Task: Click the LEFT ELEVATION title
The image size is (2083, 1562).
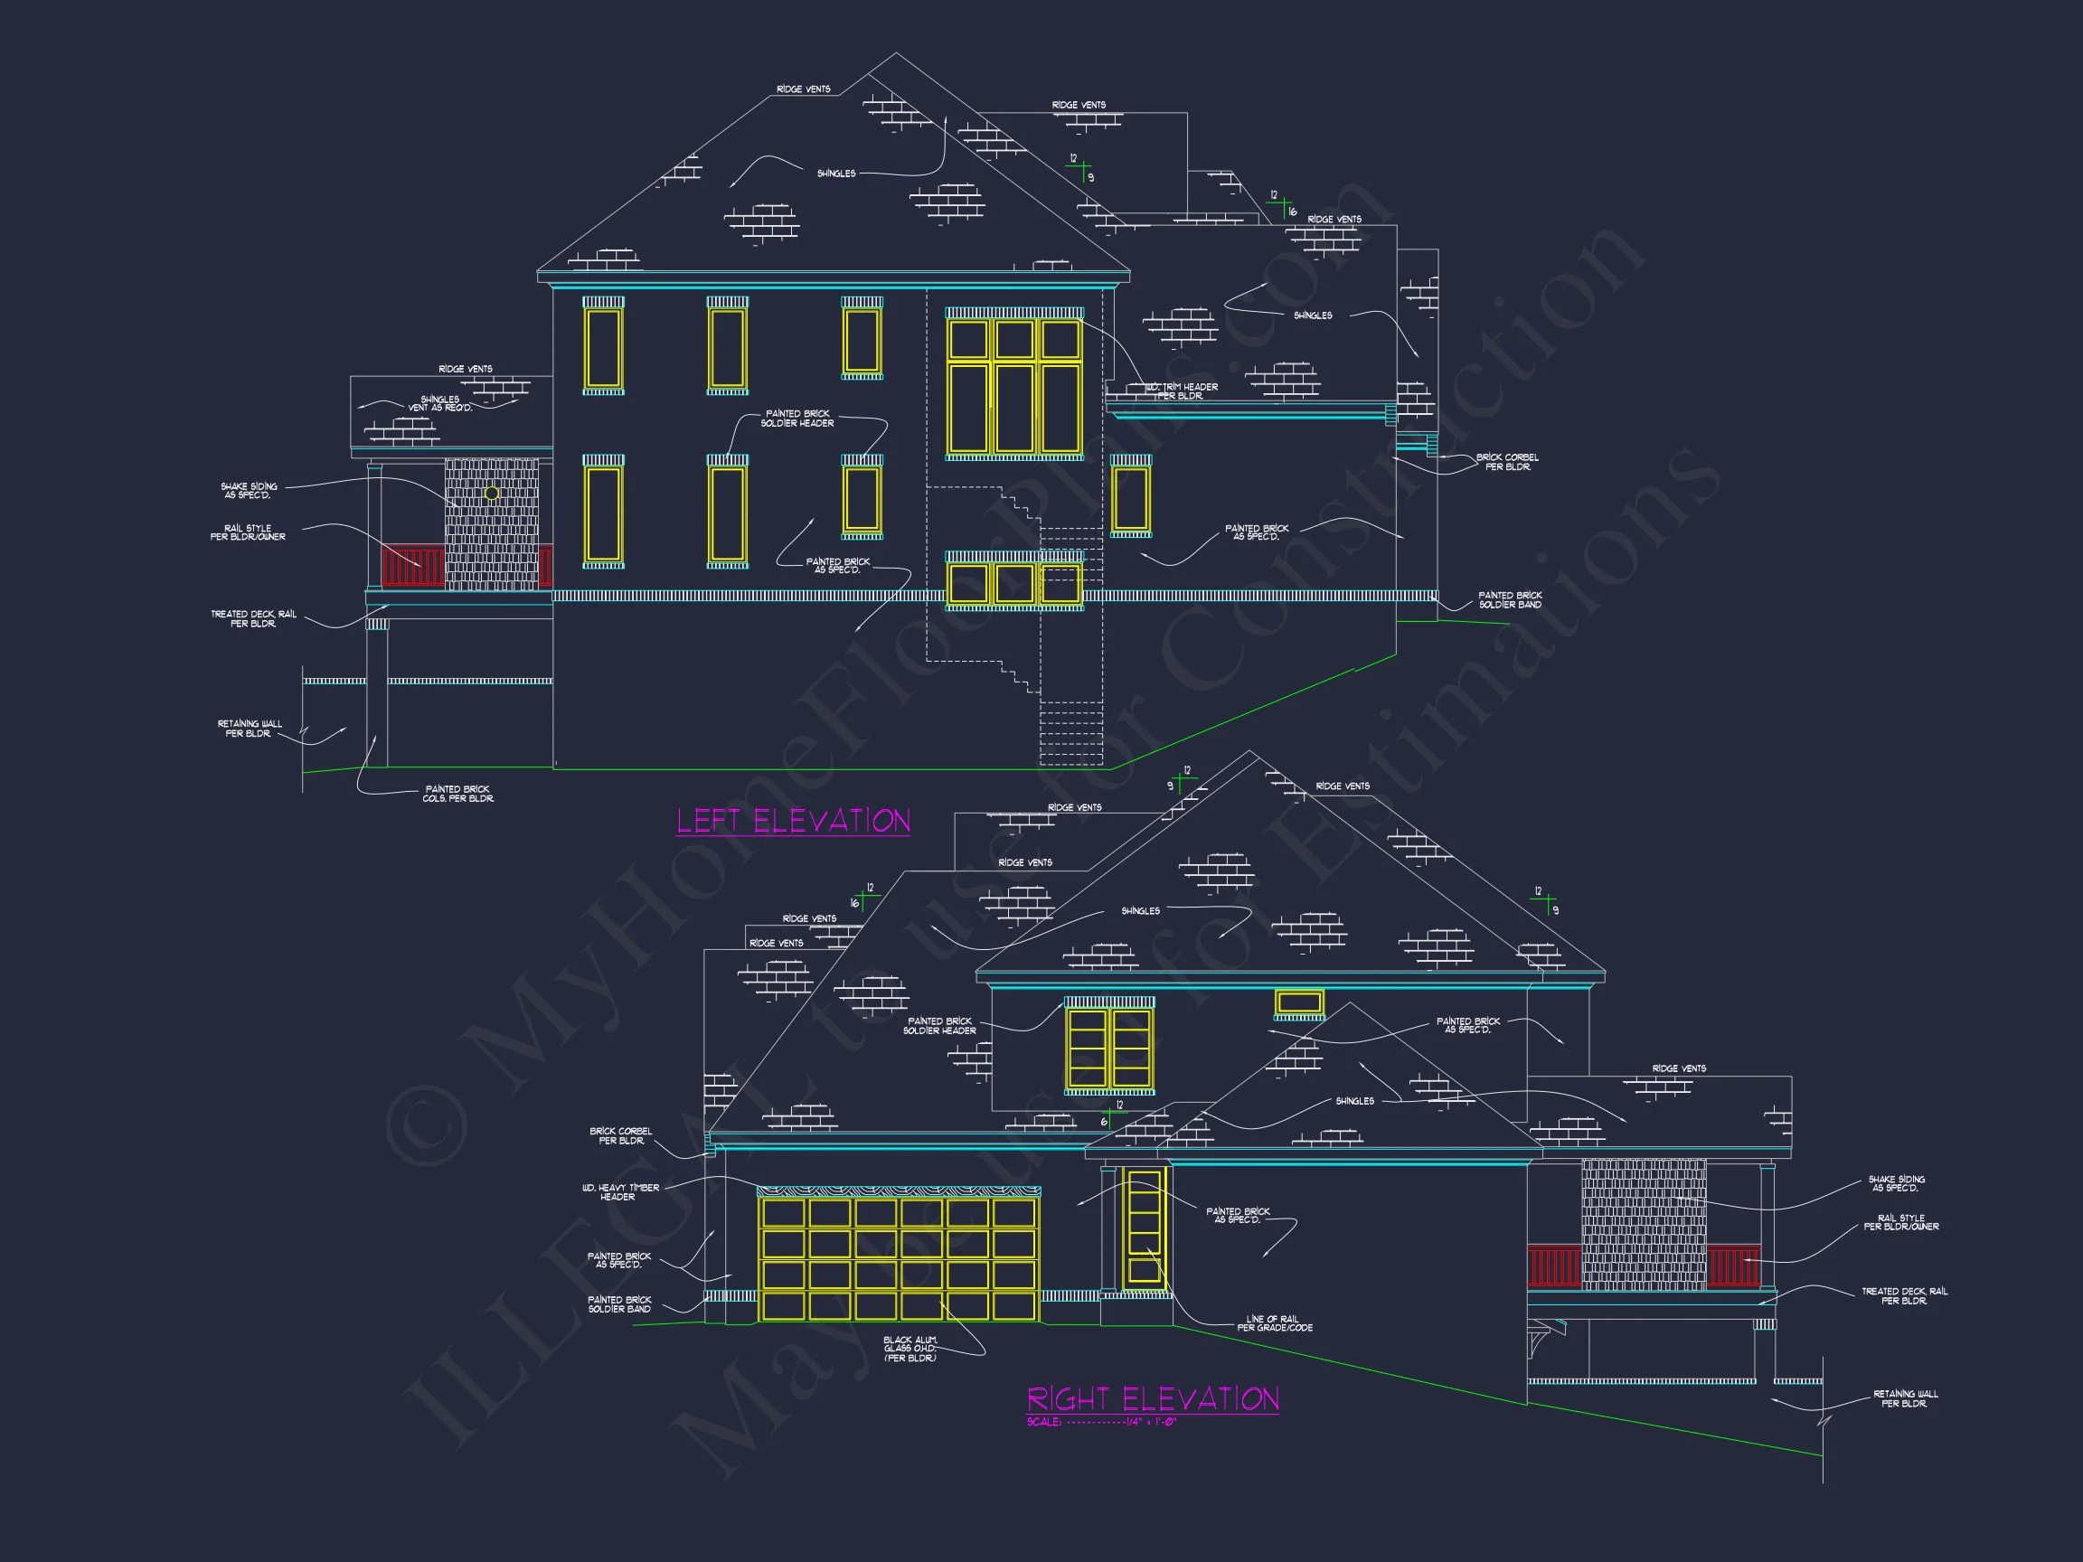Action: tap(793, 821)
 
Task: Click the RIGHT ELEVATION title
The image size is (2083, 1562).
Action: tap(1153, 1398)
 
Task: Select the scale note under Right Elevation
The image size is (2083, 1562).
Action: tap(1102, 1422)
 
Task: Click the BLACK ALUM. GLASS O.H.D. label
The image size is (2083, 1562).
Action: tap(910, 1349)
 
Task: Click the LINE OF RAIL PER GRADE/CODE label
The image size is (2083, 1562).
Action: tap(1274, 1322)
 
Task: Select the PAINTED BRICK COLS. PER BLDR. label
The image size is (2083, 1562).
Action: tap(457, 794)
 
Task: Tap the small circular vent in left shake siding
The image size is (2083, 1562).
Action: tap(492, 494)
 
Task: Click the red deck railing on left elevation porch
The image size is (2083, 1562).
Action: tap(411, 568)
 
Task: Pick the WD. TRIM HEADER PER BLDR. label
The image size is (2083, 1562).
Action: tap(1181, 390)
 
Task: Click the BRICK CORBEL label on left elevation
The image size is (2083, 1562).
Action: tap(1507, 461)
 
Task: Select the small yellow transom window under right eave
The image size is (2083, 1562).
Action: tap(1298, 1002)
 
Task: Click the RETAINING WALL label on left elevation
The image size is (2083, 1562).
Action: tap(250, 728)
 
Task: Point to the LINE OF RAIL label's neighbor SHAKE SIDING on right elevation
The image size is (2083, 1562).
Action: tap(1896, 1182)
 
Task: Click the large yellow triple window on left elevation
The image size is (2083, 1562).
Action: tap(1014, 386)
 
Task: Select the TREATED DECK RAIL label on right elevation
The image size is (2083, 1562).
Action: tap(1904, 1295)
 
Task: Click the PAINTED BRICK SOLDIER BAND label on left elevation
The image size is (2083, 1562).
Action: tap(1510, 599)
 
